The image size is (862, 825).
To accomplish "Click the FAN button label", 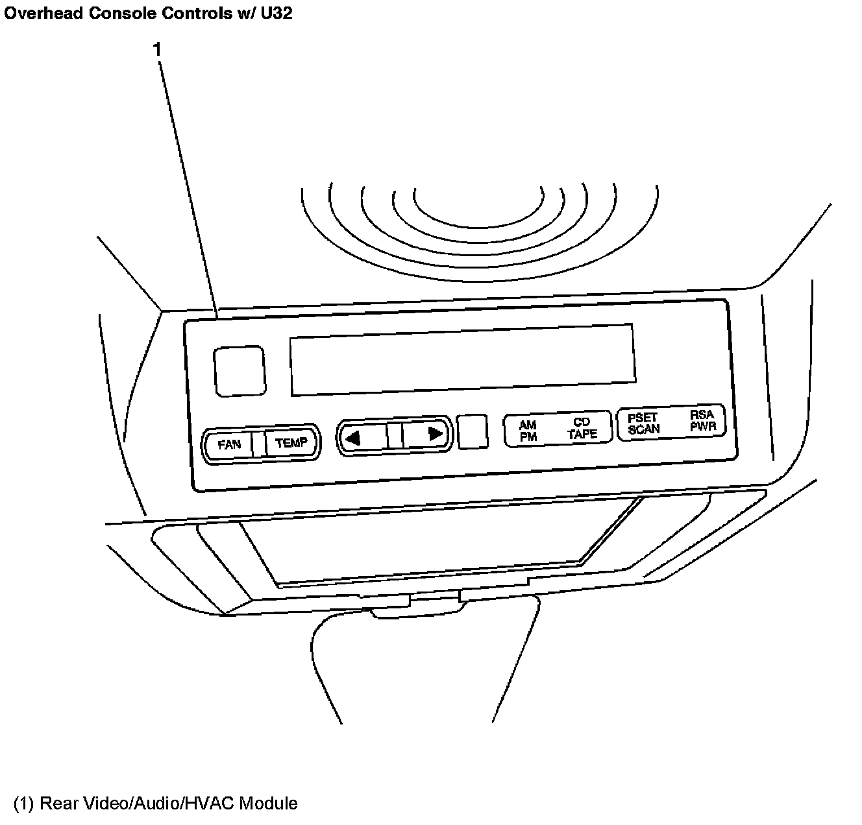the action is [x=229, y=444].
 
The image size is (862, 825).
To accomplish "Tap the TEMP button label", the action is [x=291, y=443].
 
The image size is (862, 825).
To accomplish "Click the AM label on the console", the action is [x=528, y=425].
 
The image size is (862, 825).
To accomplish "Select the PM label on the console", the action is [x=528, y=437].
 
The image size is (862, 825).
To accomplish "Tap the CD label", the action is [x=582, y=422].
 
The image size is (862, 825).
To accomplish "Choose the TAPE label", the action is [x=582, y=434].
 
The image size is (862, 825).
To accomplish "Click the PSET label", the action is [x=643, y=417].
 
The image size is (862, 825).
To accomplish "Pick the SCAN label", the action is [x=644, y=429].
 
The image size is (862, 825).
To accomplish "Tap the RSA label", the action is [x=702, y=414].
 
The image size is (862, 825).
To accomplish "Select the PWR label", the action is [x=702, y=426].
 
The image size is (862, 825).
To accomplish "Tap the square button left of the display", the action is [x=240, y=371].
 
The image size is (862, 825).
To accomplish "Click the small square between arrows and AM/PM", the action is [x=473, y=431].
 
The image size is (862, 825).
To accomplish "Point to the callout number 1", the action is [x=156, y=49].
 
